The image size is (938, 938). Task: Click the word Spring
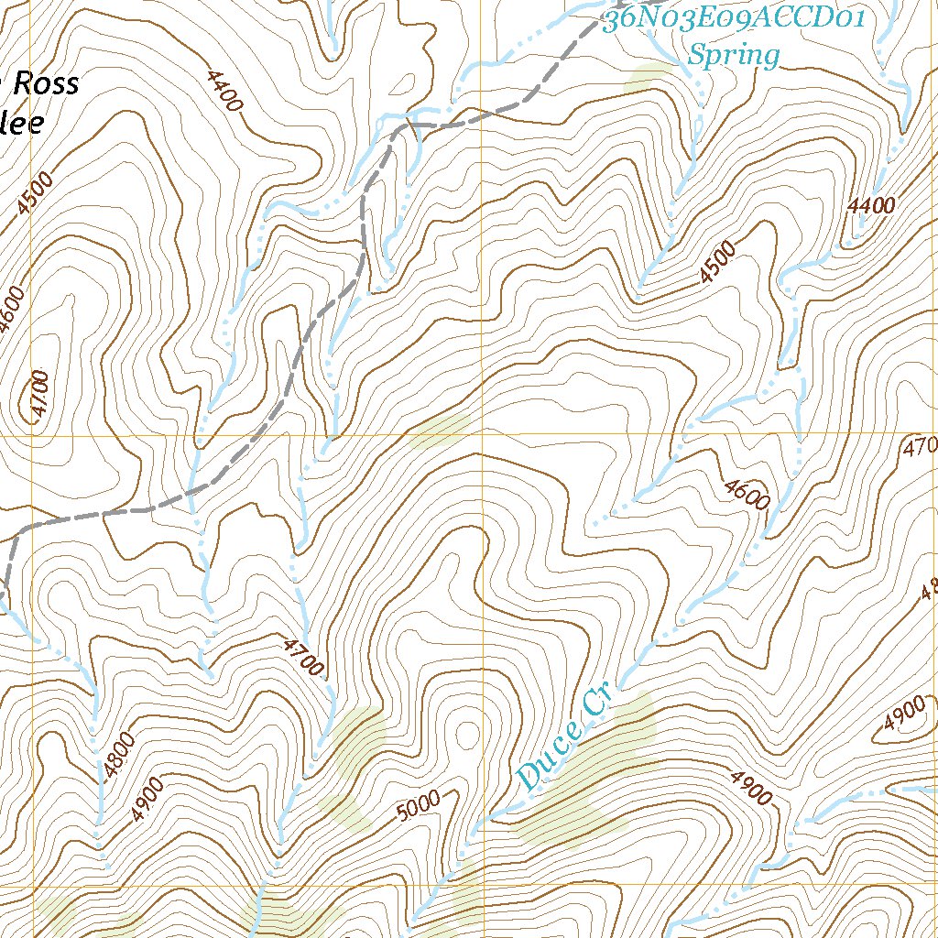[733, 56]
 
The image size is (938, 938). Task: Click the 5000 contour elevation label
[420, 806]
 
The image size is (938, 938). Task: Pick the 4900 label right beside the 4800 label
[147, 799]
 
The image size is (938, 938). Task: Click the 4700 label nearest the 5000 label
[304, 659]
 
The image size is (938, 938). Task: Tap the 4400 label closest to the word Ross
[224, 92]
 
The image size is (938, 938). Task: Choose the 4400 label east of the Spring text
[870, 207]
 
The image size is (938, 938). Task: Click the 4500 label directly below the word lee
[35, 192]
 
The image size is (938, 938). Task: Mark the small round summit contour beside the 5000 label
[467, 733]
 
